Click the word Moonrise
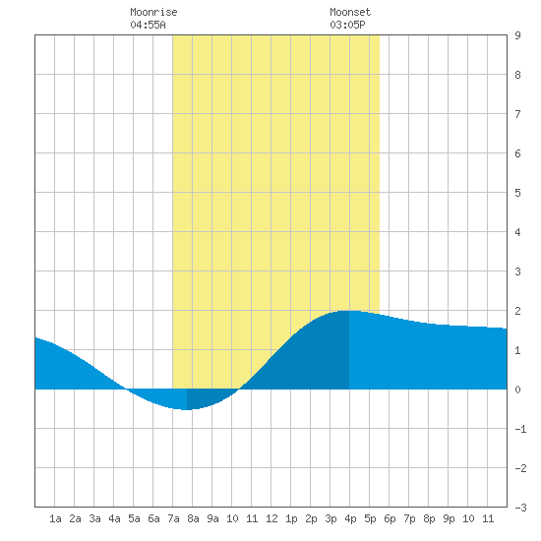coord(153,12)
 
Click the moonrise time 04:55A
coord(148,25)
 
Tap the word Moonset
coord(350,12)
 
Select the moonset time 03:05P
coord(347,25)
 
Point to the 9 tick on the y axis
coord(517,35)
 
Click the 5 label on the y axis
coord(517,193)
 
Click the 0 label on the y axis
coord(517,390)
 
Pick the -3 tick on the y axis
coord(520,508)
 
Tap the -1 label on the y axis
coord(520,429)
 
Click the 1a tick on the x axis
coord(55,518)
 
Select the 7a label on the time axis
coord(173,518)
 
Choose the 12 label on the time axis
coord(271,518)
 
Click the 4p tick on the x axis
coord(350,518)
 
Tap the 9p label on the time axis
coord(449,518)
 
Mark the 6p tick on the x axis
coord(390,518)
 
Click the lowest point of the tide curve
coord(187,409)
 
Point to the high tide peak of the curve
coord(349,311)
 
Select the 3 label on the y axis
coord(517,271)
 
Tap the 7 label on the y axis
coord(517,114)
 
